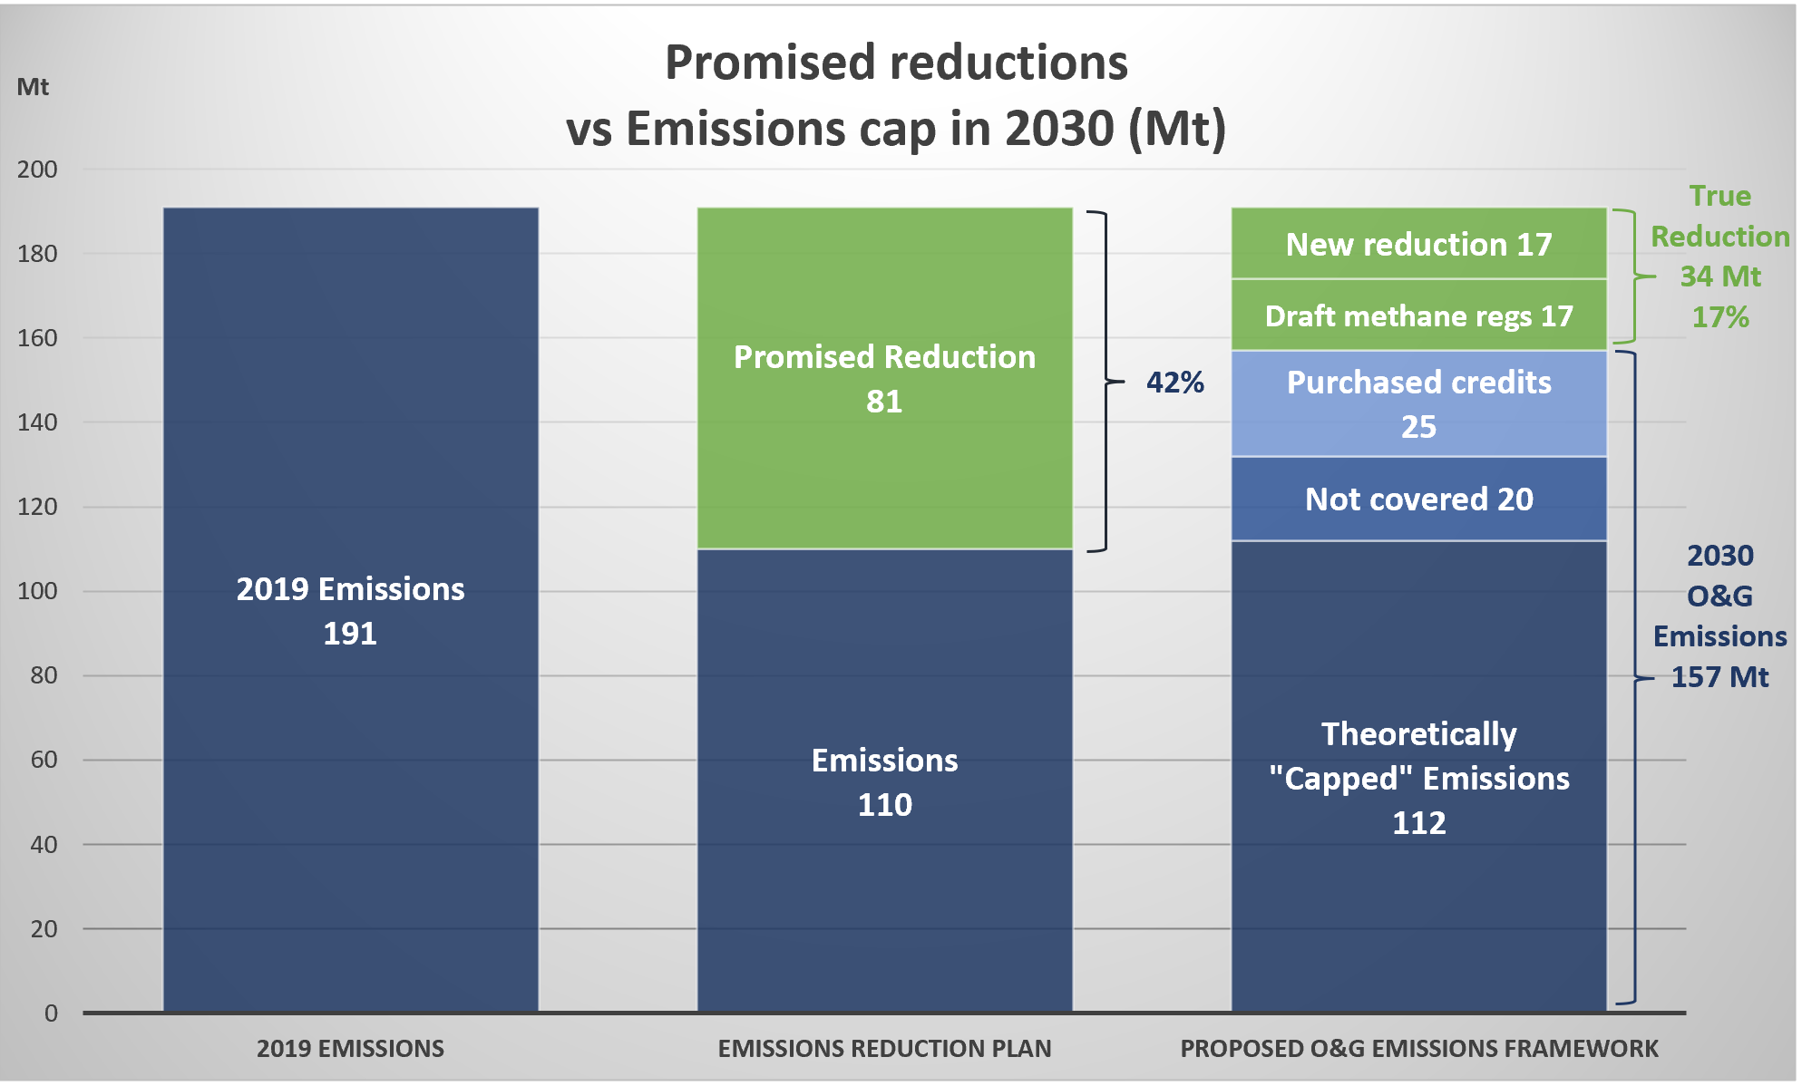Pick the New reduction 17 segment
pyautogui.click(x=1418, y=243)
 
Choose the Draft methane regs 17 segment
pyautogui.click(x=1418, y=315)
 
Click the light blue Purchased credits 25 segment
pyautogui.click(x=1418, y=403)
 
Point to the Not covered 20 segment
pyautogui.click(x=1418, y=499)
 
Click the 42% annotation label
pyautogui.click(x=1174, y=383)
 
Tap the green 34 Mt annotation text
pyautogui.click(x=1719, y=276)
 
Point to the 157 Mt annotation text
pyautogui.click(x=1719, y=677)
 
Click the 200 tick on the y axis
pyautogui.click(x=37, y=170)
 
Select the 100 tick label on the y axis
pyautogui.click(x=37, y=591)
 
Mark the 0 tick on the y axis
pyautogui.click(x=51, y=1013)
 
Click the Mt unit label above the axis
pyautogui.click(x=33, y=87)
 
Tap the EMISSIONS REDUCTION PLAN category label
pyautogui.click(x=884, y=1049)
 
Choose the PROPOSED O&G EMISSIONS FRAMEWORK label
pyautogui.click(x=1418, y=1049)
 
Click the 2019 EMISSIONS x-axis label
pyautogui.click(x=350, y=1049)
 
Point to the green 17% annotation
pyautogui.click(x=1719, y=317)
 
